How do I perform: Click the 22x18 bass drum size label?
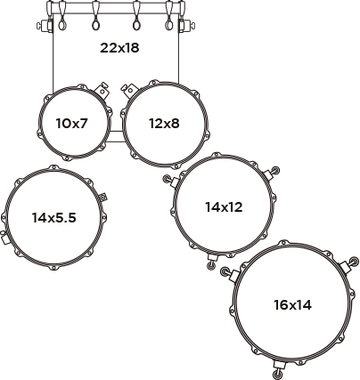tap(119, 48)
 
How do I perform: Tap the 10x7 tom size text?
tap(72, 123)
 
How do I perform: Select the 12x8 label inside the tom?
tap(164, 123)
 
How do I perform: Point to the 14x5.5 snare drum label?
tap(54, 218)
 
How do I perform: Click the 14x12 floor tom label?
tap(224, 206)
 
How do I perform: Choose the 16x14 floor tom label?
tap(292, 304)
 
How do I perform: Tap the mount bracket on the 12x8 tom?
tap(127, 91)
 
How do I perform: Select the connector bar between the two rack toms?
tap(114, 136)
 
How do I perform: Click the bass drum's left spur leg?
tap(45, 25)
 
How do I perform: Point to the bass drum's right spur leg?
tap(187, 25)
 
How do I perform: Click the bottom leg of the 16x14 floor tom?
tap(279, 368)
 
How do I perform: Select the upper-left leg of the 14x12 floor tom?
tap(170, 181)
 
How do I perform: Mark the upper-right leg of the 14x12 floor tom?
tap(272, 173)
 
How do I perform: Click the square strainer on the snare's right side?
tap(102, 197)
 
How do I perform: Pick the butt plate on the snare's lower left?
tap(4, 238)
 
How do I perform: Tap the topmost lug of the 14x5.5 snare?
tap(53, 168)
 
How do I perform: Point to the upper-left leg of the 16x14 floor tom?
tap(231, 274)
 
